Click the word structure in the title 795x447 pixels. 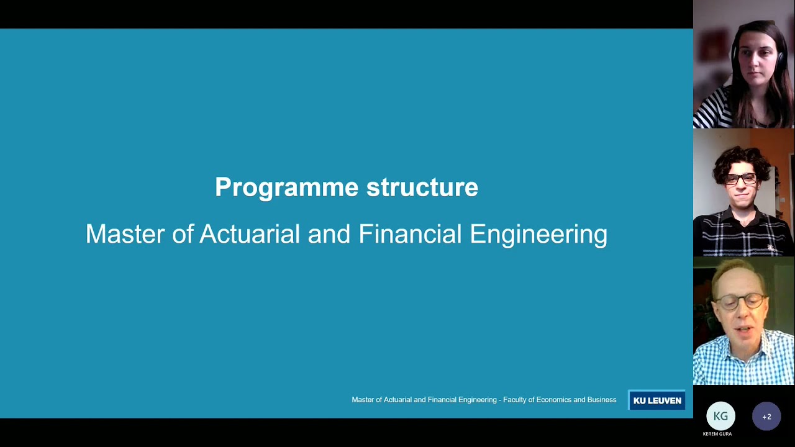coord(422,187)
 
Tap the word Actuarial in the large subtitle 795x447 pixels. coord(250,234)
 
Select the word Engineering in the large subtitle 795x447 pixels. coord(538,235)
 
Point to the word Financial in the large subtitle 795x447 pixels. coord(411,234)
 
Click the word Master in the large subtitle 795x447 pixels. coord(127,234)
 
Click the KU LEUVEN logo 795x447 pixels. coord(656,400)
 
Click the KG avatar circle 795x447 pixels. coord(720,416)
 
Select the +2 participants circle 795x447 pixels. coord(766,417)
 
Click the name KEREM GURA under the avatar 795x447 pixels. coord(717,434)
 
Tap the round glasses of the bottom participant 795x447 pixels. coord(739,302)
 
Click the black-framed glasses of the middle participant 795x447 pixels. coord(740,179)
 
